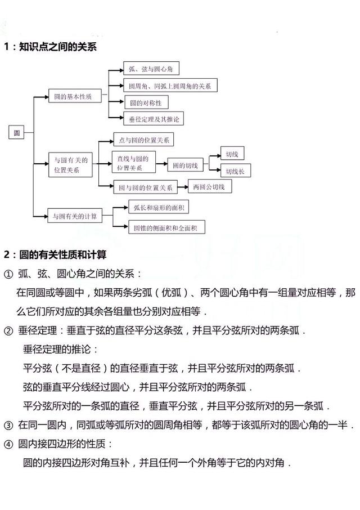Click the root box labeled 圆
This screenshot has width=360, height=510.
(x=16, y=133)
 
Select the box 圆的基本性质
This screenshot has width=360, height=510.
(x=75, y=96)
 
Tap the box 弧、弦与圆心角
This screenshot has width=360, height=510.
(x=151, y=69)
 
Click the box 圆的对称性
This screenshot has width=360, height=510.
(x=147, y=103)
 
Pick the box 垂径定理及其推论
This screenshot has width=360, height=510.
(x=154, y=119)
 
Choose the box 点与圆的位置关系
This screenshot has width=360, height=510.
(x=143, y=140)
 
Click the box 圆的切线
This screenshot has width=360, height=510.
(x=185, y=165)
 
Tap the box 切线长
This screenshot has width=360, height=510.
(x=235, y=171)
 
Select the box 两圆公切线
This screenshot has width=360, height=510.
(x=210, y=187)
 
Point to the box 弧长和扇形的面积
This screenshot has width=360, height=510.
(x=159, y=207)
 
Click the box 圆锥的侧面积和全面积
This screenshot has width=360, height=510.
(x=167, y=227)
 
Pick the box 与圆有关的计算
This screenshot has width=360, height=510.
(x=75, y=216)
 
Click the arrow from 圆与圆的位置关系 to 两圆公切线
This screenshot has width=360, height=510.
(x=183, y=187)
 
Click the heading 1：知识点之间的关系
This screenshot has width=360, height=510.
(x=50, y=47)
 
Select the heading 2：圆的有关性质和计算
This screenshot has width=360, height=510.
(x=55, y=254)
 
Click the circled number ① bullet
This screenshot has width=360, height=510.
(x=8, y=275)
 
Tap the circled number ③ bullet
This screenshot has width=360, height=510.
(x=8, y=426)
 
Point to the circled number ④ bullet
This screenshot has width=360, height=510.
(x=8, y=444)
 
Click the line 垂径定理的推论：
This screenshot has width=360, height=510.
(x=60, y=350)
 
